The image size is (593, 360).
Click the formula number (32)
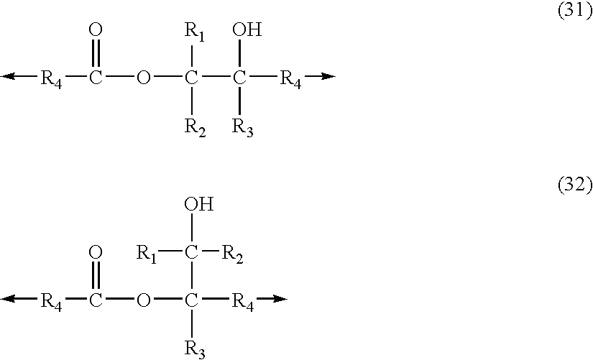574,186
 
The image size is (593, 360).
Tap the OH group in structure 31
247,31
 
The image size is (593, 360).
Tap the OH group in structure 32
198,205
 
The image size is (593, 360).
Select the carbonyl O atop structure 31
96,31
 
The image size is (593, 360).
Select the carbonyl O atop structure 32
96,253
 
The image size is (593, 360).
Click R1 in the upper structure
194,32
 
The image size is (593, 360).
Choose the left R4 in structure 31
51,78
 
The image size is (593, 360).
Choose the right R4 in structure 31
290,78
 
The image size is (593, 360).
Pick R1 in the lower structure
147,254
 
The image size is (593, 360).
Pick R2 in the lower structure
231,254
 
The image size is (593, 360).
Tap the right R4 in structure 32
242,300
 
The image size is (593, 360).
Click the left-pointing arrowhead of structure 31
9,76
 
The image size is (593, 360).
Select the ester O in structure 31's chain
143,78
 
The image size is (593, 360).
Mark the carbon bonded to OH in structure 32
191,253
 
